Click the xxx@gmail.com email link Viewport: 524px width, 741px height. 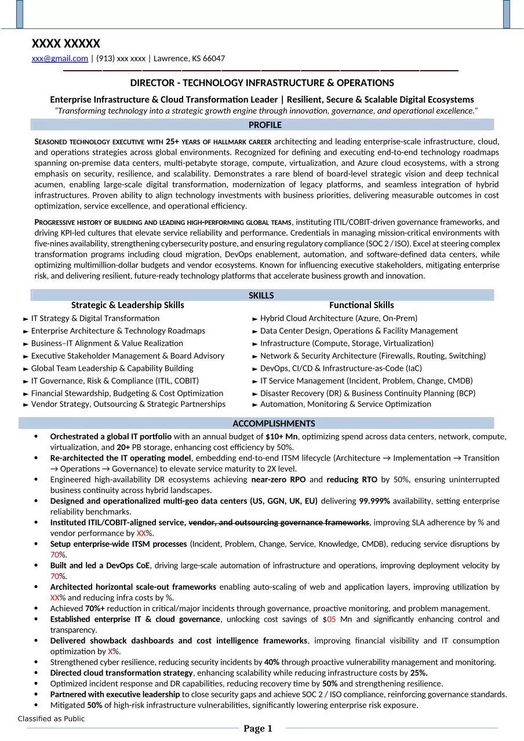pyautogui.click(x=60, y=59)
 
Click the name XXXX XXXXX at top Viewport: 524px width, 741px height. pyautogui.click(x=65, y=43)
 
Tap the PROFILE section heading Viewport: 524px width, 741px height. pyautogui.click(x=265, y=125)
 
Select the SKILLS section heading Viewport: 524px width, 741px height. pyautogui.click(x=261, y=295)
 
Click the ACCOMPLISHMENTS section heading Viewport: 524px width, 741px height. pyautogui.click(x=274, y=424)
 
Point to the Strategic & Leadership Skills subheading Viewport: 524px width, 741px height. pyautogui.click(x=128, y=305)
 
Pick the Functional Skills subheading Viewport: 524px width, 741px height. pyautogui.click(x=361, y=305)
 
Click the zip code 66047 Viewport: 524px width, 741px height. pyautogui.click(x=214, y=59)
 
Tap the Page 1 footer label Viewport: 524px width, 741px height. pyautogui.click(x=257, y=729)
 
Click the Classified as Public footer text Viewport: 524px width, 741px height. pyautogui.click(x=51, y=719)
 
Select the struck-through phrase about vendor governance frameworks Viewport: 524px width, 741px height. pyautogui.click(x=279, y=523)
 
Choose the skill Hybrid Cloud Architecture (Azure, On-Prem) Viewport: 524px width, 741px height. pyautogui.click(x=339, y=319)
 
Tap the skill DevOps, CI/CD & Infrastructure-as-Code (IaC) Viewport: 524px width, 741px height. pyautogui.click(x=341, y=368)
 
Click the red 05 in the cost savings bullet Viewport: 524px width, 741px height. pyautogui.click(x=332, y=619)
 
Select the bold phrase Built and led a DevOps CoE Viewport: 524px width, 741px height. pyautogui.click(x=100, y=565)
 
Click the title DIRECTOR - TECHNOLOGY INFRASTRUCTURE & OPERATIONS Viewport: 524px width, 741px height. pyautogui.click(x=262, y=83)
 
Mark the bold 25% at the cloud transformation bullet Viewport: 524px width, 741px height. pyautogui.click(x=419, y=673)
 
